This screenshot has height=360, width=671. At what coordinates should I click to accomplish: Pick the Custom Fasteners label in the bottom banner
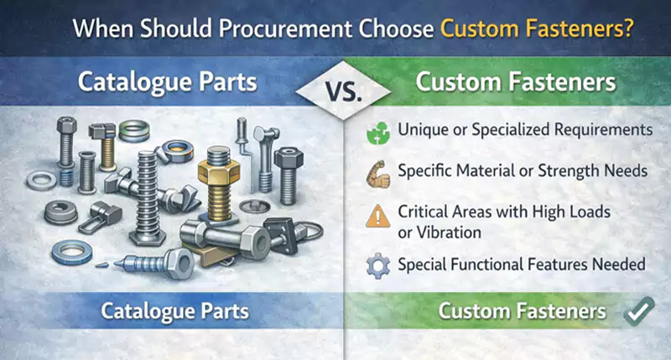[x=523, y=311]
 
